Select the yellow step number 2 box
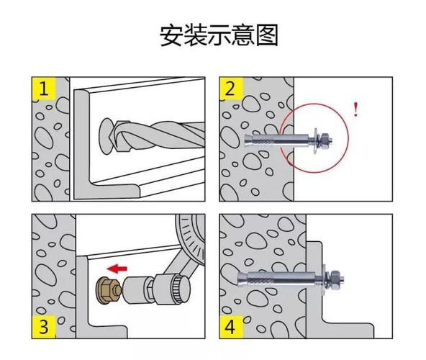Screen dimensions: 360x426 pos(230,89)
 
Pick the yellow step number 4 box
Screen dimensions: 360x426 pos(230,328)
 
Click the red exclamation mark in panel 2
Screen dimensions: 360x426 pos(355,109)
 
